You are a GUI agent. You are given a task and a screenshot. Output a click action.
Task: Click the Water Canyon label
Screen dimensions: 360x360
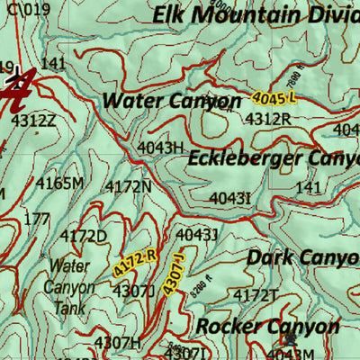point(171,101)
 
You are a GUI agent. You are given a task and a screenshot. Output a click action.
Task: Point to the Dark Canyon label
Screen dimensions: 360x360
point(302,257)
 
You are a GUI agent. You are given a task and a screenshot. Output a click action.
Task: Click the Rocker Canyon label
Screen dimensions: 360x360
point(267,326)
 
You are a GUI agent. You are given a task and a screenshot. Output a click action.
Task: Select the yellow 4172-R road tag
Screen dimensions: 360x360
point(135,263)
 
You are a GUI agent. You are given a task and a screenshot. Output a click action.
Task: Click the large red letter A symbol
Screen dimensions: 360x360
point(18,89)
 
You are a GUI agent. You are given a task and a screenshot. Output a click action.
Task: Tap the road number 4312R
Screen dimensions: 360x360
point(267,119)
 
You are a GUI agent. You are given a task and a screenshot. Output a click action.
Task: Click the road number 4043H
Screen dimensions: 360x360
point(160,147)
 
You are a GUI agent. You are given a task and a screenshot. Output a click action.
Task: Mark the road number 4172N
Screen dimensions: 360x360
point(128,186)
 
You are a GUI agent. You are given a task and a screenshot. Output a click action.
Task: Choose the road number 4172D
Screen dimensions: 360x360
point(84,237)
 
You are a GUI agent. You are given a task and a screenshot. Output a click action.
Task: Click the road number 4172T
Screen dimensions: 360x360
point(256,295)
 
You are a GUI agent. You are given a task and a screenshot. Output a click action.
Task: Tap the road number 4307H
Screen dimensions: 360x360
point(118,342)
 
